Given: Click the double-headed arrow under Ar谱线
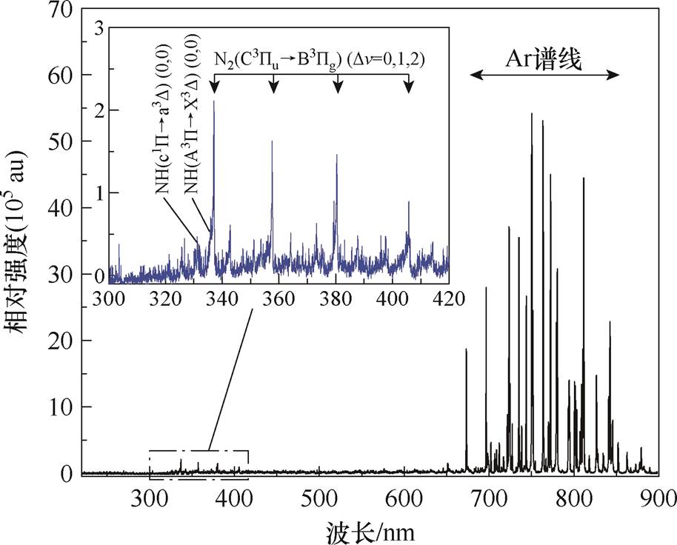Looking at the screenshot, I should click(546, 74).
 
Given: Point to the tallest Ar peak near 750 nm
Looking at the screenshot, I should click(531, 114).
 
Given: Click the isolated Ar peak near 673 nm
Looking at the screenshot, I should click(466, 350).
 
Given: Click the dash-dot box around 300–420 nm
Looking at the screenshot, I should click(199, 450).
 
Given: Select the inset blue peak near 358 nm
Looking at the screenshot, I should click(272, 141).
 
